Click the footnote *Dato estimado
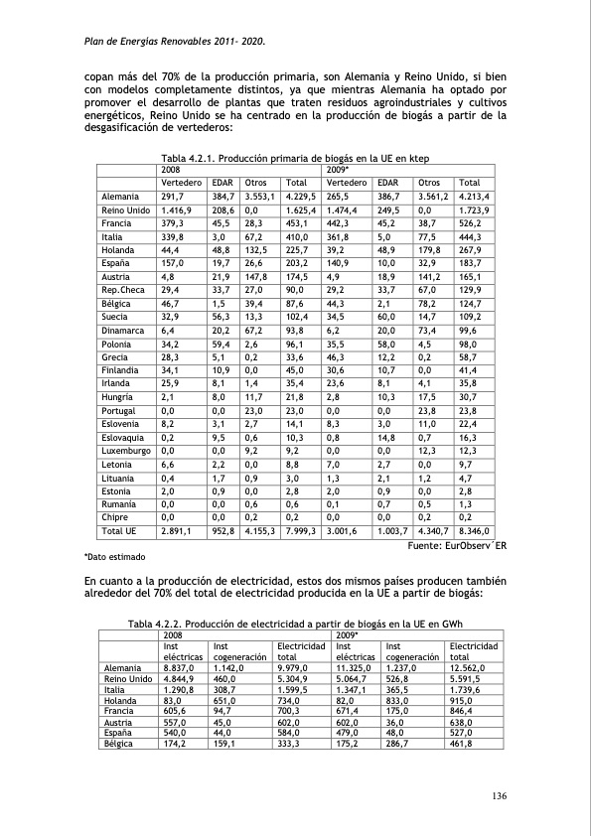point(114,557)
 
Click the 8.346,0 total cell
point(474,532)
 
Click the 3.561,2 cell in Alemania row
point(435,198)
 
